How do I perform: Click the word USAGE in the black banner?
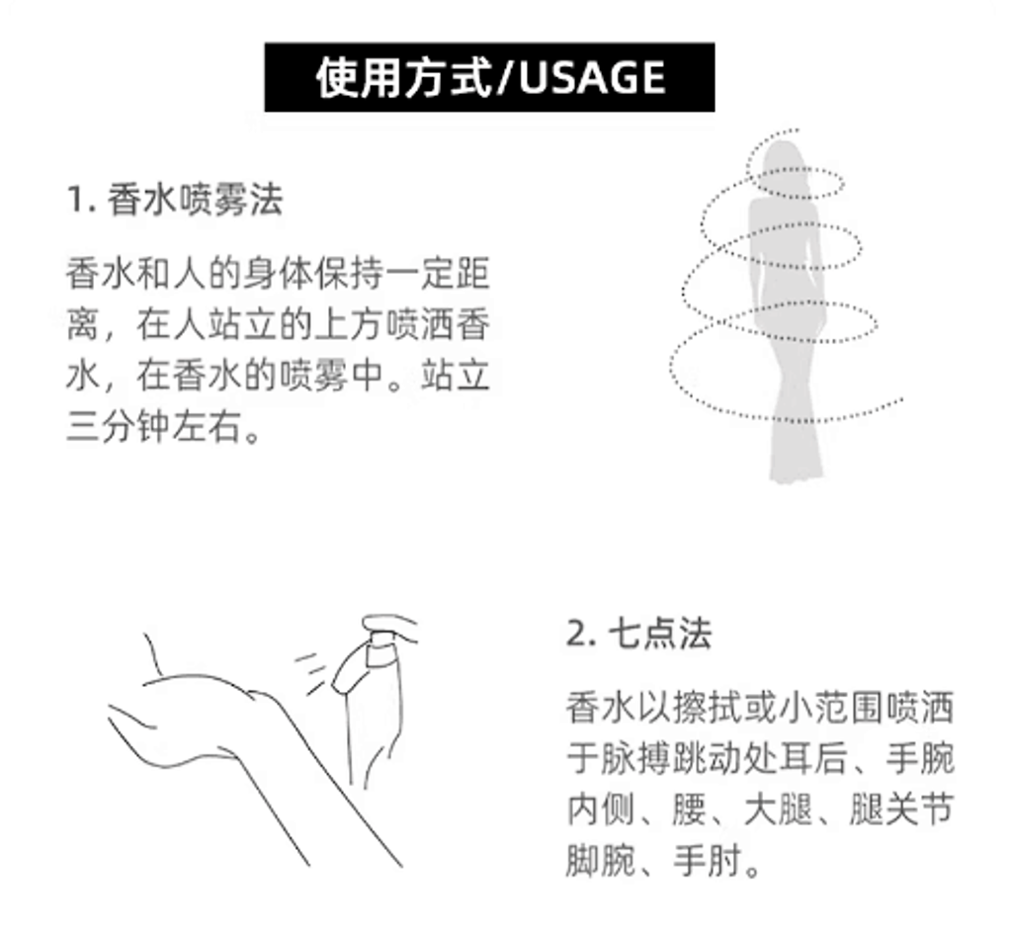(592, 77)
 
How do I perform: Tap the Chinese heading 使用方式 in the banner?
(403, 77)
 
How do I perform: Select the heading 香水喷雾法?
(195, 199)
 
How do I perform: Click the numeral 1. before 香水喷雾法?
(81, 200)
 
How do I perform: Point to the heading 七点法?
(659, 634)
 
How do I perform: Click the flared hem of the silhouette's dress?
(797, 455)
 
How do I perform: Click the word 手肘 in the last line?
(708, 860)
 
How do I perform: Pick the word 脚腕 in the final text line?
(601, 860)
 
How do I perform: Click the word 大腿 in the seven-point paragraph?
(779, 809)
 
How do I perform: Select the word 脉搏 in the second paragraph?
(636, 758)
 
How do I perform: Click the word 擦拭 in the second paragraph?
(708, 708)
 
